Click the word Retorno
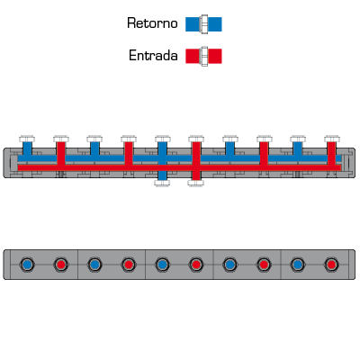(152, 23)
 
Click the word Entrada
(153, 56)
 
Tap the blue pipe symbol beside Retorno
(203, 24)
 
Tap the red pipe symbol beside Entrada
(203, 56)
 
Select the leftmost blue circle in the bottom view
(27, 265)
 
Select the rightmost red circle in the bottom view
(331, 265)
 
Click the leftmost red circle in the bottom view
(61, 265)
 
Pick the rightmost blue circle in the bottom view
(297, 265)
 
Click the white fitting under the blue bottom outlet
(162, 183)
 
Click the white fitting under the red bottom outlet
(196, 183)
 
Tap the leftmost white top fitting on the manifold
(27, 139)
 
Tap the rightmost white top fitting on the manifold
(332, 139)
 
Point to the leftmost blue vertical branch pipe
(27, 148)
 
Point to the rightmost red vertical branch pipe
(331, 153)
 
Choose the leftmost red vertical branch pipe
(61, 153)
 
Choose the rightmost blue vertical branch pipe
(298, 148)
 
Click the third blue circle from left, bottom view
(162, 265)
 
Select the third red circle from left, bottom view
(196, 265)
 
